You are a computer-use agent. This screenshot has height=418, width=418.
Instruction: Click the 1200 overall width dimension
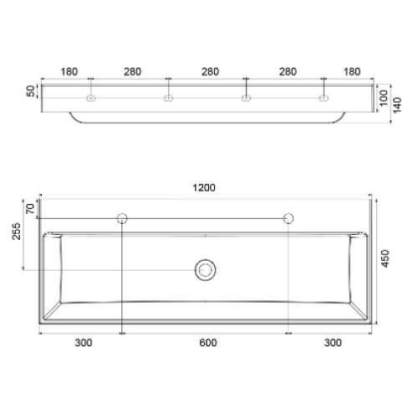pos(204,187)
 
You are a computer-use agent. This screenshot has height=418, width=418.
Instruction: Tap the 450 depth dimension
pos(385,258)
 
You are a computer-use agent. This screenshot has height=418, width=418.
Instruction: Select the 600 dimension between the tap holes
pos(208,343)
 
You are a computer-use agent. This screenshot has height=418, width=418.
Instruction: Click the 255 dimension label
pos(16,232)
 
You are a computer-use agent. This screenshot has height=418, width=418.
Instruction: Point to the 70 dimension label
pos(30,209)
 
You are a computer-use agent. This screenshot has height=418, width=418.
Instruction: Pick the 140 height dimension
pos(397,105)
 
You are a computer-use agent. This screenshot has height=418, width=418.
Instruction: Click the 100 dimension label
pos(384,98)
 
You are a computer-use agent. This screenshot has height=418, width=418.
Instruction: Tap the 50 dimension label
pos(31,91)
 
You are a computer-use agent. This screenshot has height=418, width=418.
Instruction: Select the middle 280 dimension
pos(210,72)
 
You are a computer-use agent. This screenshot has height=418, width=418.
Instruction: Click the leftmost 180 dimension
pos(69,72)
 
